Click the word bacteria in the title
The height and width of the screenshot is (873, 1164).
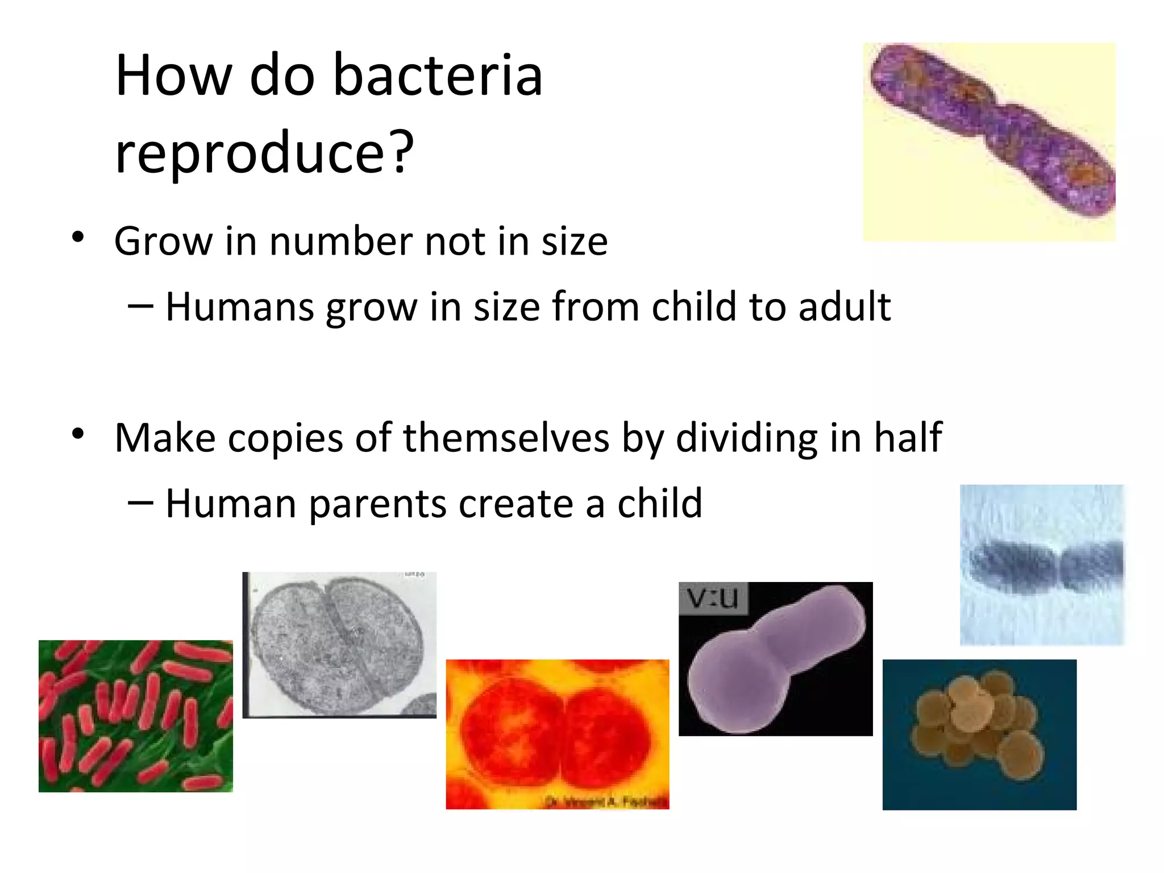coord(438,76)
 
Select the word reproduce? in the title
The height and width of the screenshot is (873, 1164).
coord(264,152)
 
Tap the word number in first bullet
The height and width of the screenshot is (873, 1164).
coord(341,242)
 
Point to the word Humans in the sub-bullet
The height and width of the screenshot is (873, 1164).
coord(239,307)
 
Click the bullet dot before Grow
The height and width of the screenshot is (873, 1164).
coord(78,237)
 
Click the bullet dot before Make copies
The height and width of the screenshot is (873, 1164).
coord(78,434)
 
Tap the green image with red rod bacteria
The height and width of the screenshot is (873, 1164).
coord(135,716)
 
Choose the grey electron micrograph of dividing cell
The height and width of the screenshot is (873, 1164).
coord(339,645)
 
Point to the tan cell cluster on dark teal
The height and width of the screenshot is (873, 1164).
coord(979,734)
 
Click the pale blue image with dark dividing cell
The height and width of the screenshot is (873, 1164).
coord(1041,565)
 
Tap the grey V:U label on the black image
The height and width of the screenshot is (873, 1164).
coord(713,598)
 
